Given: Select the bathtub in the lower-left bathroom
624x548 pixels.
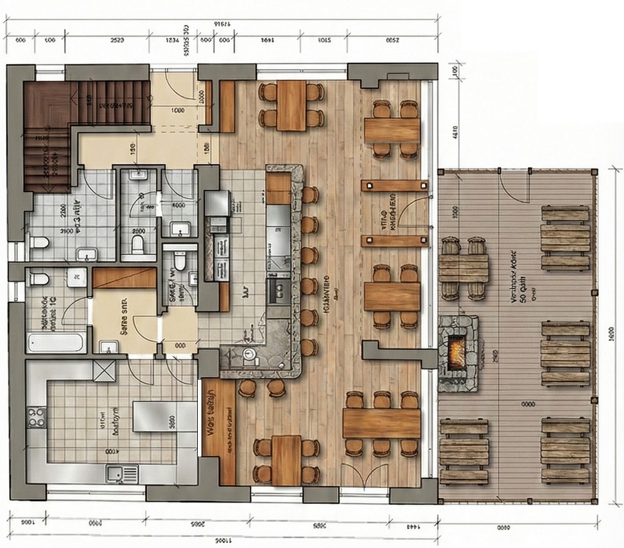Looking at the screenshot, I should click(56, 342).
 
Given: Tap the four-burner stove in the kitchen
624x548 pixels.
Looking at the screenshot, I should click(36, 416).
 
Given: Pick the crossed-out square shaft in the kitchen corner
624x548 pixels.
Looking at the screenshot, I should click(104, 370).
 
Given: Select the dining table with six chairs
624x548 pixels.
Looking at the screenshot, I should click(381, 423).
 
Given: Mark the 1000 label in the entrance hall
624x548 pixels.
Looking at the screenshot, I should click(177, 112).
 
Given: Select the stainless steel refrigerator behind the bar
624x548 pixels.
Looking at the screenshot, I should click(217, 203).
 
